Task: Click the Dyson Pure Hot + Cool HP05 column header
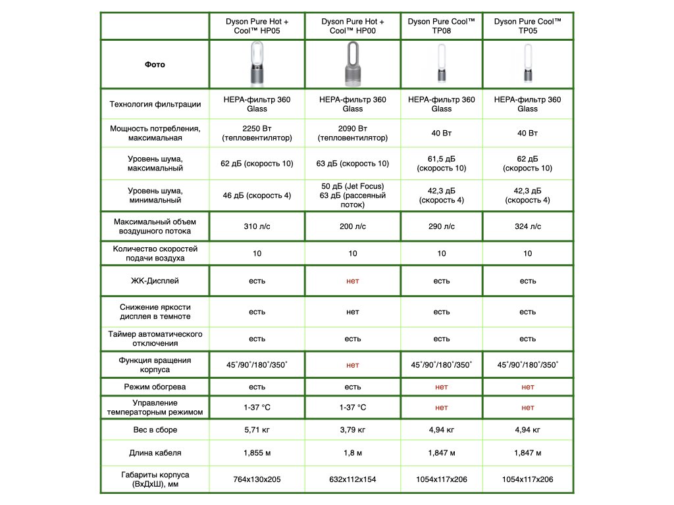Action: click(x=257, y=26)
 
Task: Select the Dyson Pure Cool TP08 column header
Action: click(x=442, y=26)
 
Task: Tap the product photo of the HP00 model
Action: click(x=353, y=64)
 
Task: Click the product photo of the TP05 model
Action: click(x=527, y=64)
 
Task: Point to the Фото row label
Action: click(x=155, y=64)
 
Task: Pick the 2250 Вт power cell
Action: click(x=257, y=133)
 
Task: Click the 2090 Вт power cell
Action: click(x=353, y=133)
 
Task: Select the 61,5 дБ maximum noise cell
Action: click(x=442, y=164)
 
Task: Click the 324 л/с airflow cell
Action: click(x=527, y=226)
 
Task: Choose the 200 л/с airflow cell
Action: click(x=353, y=226)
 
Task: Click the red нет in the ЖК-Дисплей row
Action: click(x=353, y=281)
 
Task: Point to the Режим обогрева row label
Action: click(x=155, y=387)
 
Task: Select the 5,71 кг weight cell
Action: click(x=257, y=430)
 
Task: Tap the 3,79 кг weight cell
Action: click(x=353, y=430)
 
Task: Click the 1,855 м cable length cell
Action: click(x=257, y=453)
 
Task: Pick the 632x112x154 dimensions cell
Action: click(x=353, y=479)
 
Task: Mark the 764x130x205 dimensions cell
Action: click(x=257, y=479)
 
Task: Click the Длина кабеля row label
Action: click(x=155, y=453)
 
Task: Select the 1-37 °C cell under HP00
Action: click(x=353, y=408)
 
